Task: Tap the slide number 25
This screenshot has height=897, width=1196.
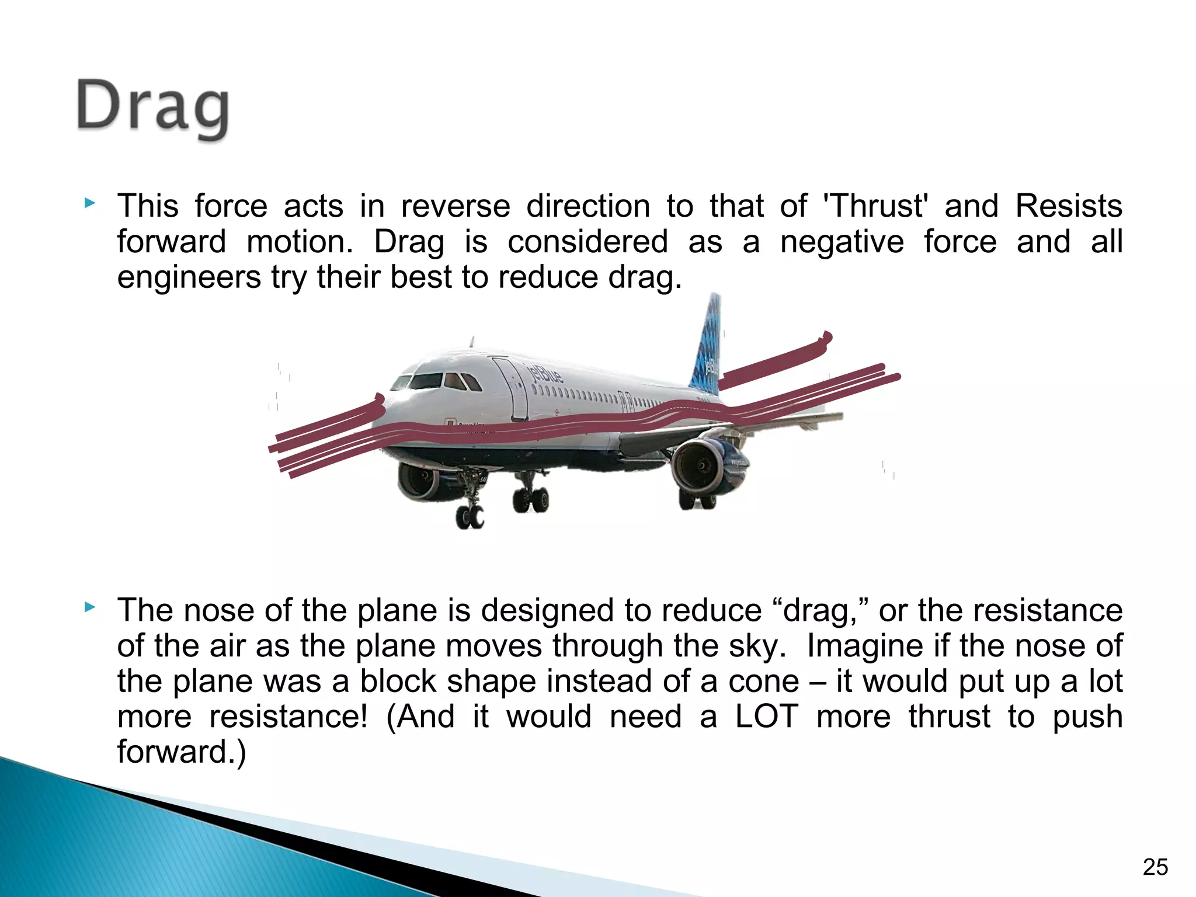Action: click(1155, 867)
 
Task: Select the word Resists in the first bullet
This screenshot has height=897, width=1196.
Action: click(1069, 206)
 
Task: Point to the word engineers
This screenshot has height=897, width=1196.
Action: click(189, 277)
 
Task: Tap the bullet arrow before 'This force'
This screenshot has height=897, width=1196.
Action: click(89, 204)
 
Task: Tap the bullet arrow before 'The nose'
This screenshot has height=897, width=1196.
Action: click(89, 608)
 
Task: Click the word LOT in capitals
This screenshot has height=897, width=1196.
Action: click(766, 717)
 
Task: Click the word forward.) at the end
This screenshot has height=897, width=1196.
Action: click(182, 752)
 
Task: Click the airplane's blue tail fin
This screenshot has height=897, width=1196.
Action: click(708, 345)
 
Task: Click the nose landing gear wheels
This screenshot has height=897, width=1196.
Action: click(470, 516)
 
